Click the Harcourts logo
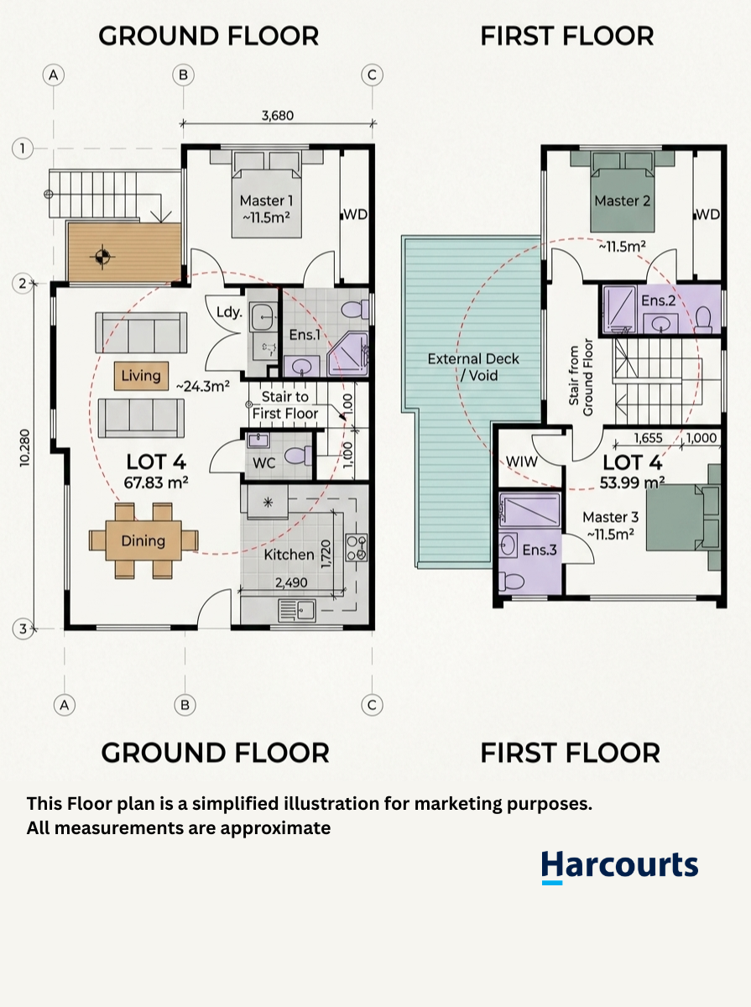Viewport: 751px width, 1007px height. (619, 866)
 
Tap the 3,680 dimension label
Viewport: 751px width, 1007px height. (278, 116)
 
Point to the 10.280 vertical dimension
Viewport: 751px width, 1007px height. (24, 448)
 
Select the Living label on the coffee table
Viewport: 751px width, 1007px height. (141, 376)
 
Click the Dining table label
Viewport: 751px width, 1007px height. (143, 541)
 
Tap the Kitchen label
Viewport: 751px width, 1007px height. (289, 555)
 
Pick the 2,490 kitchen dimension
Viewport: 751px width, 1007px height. (291, 582)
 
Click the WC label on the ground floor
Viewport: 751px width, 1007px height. (264, 463)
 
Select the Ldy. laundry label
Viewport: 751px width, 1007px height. (229, 312)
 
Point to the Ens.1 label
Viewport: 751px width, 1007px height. (305, 335)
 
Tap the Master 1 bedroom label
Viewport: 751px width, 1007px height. (266, 201)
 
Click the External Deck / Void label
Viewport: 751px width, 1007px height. (473, 367)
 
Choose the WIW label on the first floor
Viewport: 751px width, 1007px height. (522, 462)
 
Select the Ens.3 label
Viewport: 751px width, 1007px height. (540, 550)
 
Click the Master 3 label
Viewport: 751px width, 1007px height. (611, 518)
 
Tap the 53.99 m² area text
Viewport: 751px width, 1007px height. (632, 483)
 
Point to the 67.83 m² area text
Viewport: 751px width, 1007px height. (156, 483)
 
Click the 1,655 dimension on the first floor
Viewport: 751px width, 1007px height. (649, 438)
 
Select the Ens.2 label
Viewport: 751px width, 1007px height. (659, 300)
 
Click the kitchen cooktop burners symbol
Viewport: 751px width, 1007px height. (357, 547)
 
